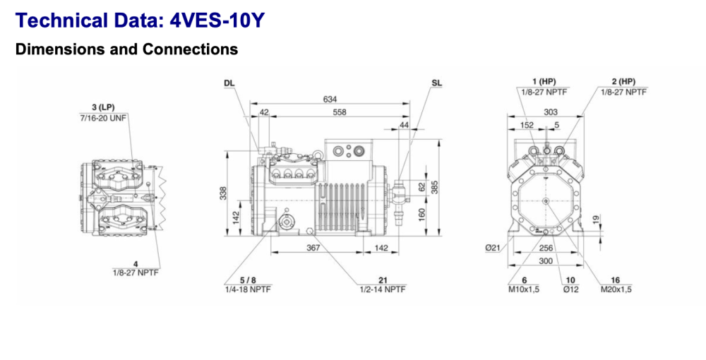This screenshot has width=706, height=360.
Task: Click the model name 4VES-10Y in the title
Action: coord(217,20)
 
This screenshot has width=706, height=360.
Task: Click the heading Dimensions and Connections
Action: coord(126,49)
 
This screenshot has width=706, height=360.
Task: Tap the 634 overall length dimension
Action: coord(330,100)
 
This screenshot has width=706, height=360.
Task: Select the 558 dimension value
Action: coord(340,112)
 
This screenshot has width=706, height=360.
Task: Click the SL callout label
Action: coord(437,83)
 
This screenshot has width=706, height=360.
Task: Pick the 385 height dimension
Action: coord(436,186)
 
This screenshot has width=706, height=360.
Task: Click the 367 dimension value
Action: coord(313,248)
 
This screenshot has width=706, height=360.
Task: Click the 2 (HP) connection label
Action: coord(623,82)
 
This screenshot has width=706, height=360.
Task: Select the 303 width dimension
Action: coord(550,112)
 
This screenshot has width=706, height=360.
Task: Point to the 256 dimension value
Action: coord(546,248)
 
